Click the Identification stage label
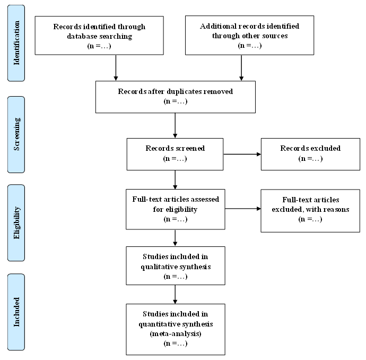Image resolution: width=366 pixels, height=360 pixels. click(16, 43)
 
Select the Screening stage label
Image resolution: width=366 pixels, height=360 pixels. click(16, 134)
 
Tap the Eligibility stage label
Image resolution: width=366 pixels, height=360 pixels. click(16, 223)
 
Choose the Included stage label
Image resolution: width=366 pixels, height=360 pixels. click(16, 312)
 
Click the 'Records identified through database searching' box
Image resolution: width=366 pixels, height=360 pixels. click(99, 36)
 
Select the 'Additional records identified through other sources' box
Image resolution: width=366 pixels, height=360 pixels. click(249, 35)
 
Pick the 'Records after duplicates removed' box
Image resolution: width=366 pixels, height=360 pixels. click(176, 97)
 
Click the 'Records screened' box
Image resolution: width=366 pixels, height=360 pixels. click(175, 154)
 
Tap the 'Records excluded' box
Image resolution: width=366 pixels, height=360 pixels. click(310, 154)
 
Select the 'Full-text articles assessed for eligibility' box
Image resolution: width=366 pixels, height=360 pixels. click(176, 209)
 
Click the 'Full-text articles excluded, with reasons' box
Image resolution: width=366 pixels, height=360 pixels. click(310, 211)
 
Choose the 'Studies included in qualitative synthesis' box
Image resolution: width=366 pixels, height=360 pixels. click(176, 265)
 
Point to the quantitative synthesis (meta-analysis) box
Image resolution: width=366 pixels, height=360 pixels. click(176, 329)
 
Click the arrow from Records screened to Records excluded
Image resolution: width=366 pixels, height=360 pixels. click(242, 154)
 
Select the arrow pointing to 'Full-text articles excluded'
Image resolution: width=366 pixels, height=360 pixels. click(243, 208)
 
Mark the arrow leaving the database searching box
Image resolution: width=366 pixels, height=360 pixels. click(116, 68)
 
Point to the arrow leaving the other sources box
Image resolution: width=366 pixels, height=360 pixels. click(241, 68)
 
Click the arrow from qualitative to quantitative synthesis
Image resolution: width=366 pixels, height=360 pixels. click(175, 294)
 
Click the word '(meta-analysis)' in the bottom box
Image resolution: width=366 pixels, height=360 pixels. click(176, 333)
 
